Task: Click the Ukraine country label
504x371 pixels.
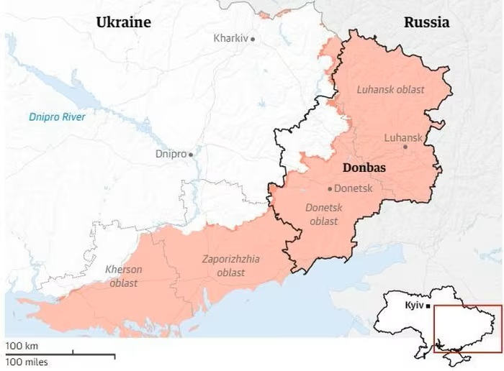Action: point(123,22)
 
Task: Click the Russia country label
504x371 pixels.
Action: point(426,22)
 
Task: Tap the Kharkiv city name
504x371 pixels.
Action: point(230,38)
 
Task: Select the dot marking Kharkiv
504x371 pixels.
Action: point(253,38)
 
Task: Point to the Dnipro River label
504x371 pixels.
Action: point(57,117)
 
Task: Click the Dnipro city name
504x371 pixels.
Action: point(171,154)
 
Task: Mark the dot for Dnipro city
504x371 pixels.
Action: point(191,154)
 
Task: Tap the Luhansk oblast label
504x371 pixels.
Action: point(391,90)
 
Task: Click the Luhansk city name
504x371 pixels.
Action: point(404,137)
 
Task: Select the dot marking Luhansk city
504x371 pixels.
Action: point(405,147)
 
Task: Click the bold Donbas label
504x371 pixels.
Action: point(364,168)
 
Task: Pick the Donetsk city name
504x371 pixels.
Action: point(352,188)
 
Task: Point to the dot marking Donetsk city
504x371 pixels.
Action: point(330,189)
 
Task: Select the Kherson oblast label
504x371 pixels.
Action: point(124,276)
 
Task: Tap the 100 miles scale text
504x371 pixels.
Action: point(27,362)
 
